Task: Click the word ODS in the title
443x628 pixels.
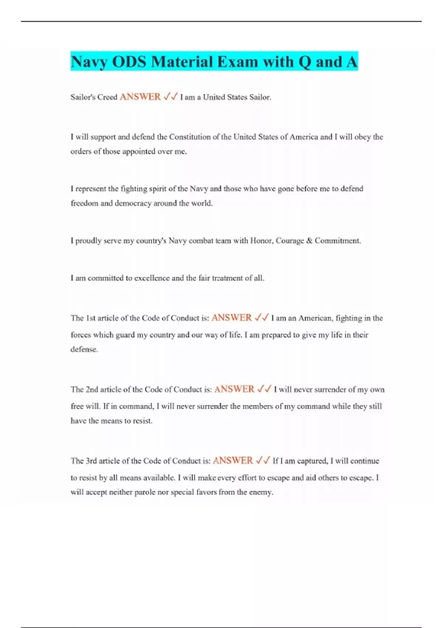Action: tap(129, 62)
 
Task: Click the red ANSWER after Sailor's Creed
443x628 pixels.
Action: tap(140, 97)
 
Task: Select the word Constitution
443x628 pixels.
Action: tap(190, 137)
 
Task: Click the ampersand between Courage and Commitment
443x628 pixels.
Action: tap(309, 241)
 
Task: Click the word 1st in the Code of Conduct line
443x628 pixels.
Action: tap(90, 318)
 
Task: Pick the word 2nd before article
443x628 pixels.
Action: tap(92, 389)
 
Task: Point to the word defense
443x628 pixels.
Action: tap(84, 349)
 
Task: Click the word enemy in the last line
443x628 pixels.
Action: tap(261, 492)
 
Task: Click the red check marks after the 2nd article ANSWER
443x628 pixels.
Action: tap(264, 389)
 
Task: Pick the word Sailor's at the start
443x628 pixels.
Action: tap(83, 97)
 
